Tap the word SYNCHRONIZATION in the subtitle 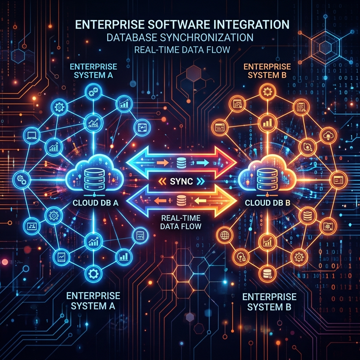[x=207, y=37]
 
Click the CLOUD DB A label [x=96, y=203]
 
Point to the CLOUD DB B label [x=268, y=203]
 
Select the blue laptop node [x=32, y=135]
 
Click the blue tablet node [x=61, y=257]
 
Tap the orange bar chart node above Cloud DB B [x=267, y=123]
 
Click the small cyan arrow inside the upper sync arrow [x=203, y=163]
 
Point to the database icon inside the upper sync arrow [x=181, y=163]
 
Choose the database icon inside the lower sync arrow [x=181, y=200]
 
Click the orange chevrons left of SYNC [x=162, y=181]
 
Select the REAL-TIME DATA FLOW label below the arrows [x=181, y=222]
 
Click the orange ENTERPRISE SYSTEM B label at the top [x=267, y=71]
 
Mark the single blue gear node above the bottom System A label [x=93, y=274]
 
